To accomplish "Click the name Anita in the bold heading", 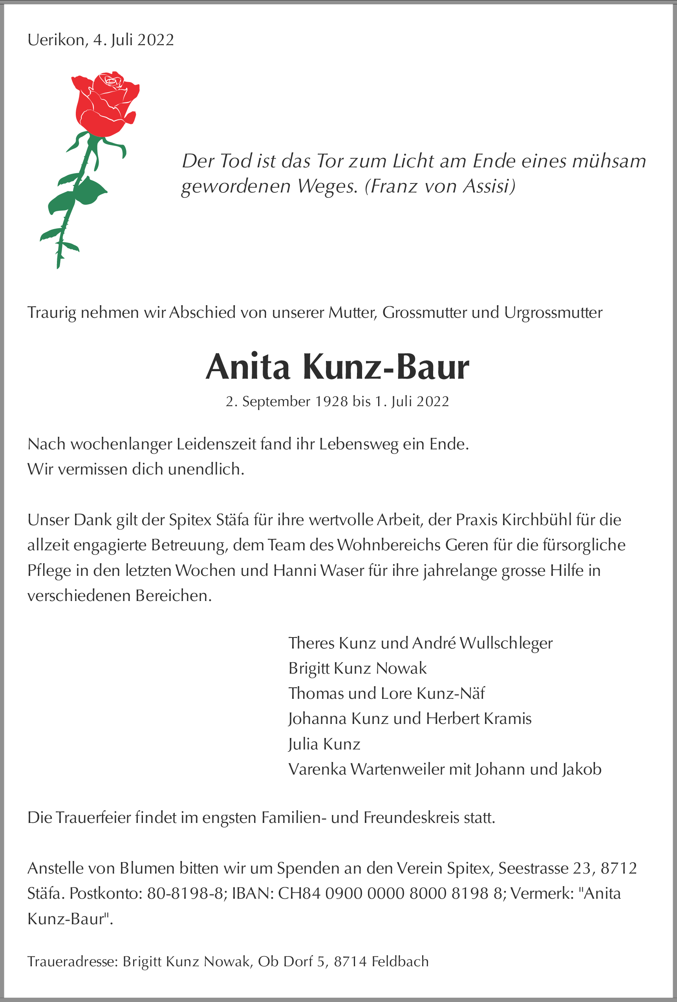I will [x=248, y=367].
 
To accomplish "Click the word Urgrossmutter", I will [x=553, y=313].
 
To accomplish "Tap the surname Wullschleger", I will [x=506, y=643].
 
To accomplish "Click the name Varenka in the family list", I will [x=317, y=769].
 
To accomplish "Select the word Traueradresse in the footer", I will [x=72, y=962].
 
